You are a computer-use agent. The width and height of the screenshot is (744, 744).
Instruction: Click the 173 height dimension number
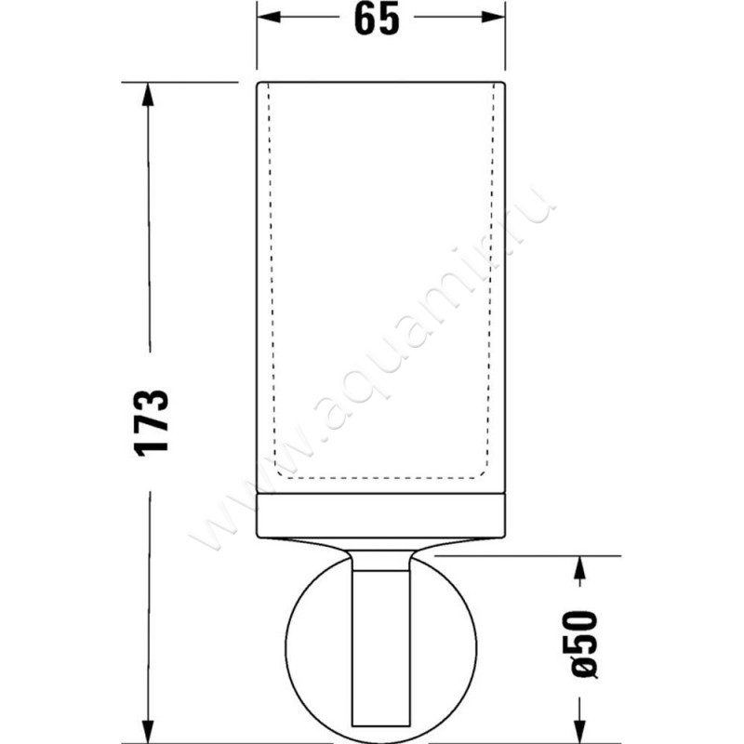pyautogui.click(x=152, y=420)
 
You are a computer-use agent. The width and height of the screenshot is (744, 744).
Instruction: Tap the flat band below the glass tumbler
pyautogui.click(x=380, y=517)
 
